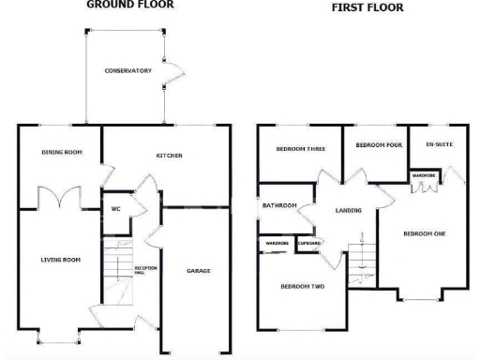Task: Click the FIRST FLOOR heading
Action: point(367,7)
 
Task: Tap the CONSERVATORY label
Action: point(128,70)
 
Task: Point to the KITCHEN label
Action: point(169,155)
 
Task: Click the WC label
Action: point(116,208)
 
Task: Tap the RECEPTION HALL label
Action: point(145,271)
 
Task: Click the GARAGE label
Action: point(198,271)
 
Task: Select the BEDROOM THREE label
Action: point(300,149)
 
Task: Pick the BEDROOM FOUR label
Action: point(380,145)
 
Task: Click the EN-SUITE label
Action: point(439,145)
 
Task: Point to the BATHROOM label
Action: point(279,205)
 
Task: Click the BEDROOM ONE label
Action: point(424,232)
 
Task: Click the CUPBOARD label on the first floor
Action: point(308,244)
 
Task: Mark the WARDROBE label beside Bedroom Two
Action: point(277,244)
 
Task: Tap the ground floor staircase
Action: point(115,262)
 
